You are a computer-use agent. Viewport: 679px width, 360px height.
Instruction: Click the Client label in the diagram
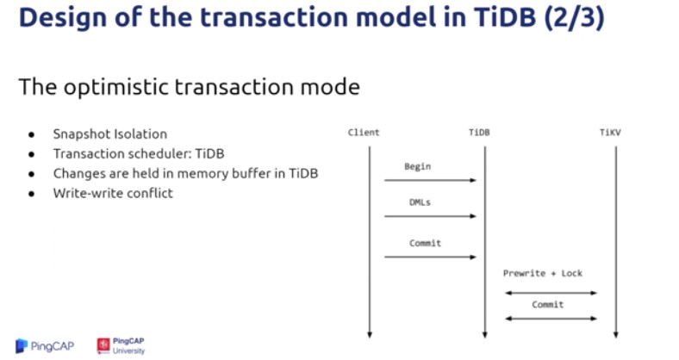point(364,133)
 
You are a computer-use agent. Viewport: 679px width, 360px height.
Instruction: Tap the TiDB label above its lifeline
point(479,133)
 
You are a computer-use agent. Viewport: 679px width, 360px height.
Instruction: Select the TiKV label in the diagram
point(610,133)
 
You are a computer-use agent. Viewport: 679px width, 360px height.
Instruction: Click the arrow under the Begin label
point(431,180)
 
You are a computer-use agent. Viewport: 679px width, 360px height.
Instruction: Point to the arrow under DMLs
point(431,216)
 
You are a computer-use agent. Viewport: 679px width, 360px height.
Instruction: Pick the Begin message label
point(417,166)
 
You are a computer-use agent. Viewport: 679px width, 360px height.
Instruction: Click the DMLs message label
point(420,202)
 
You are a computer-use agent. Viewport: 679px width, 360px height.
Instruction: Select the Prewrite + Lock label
point(543,274)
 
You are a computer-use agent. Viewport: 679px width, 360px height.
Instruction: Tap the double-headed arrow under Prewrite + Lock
point(551,293)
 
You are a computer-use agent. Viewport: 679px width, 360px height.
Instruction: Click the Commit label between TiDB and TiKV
point(548,305)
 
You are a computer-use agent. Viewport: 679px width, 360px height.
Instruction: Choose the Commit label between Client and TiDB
point(426,243)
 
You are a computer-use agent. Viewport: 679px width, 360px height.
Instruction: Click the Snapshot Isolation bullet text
point(110,134)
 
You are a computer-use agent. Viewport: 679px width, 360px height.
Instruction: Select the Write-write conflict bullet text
point(113,193)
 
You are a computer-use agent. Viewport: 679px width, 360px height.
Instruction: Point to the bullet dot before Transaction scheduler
point(31,154)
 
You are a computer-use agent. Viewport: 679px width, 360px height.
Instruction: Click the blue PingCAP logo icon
point(22,345)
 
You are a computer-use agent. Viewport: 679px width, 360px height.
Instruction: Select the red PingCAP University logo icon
point(103,345)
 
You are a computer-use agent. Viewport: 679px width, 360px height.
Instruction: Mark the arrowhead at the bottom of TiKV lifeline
point(616,335)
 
